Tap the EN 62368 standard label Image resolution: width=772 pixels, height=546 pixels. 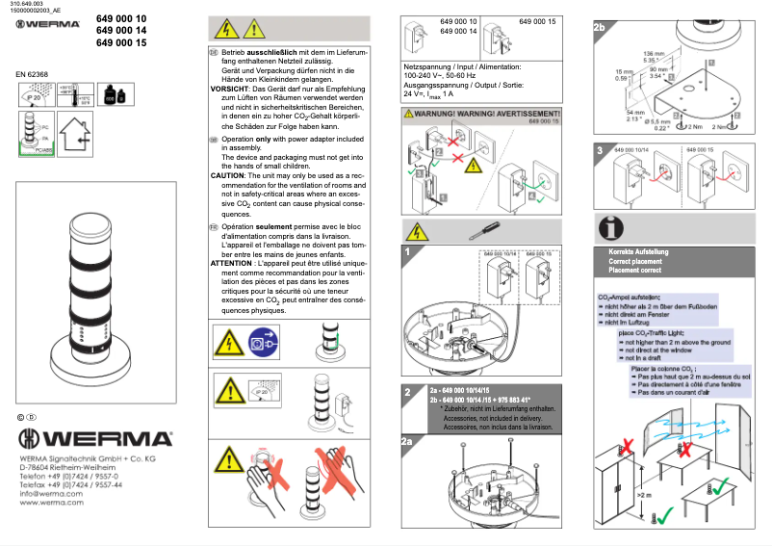tap(34, 74)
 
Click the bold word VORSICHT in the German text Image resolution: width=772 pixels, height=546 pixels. tap(229, 88)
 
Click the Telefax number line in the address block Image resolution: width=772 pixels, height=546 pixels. tap(70, 484)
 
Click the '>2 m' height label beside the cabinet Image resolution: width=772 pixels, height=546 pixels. tap(643, 496)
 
